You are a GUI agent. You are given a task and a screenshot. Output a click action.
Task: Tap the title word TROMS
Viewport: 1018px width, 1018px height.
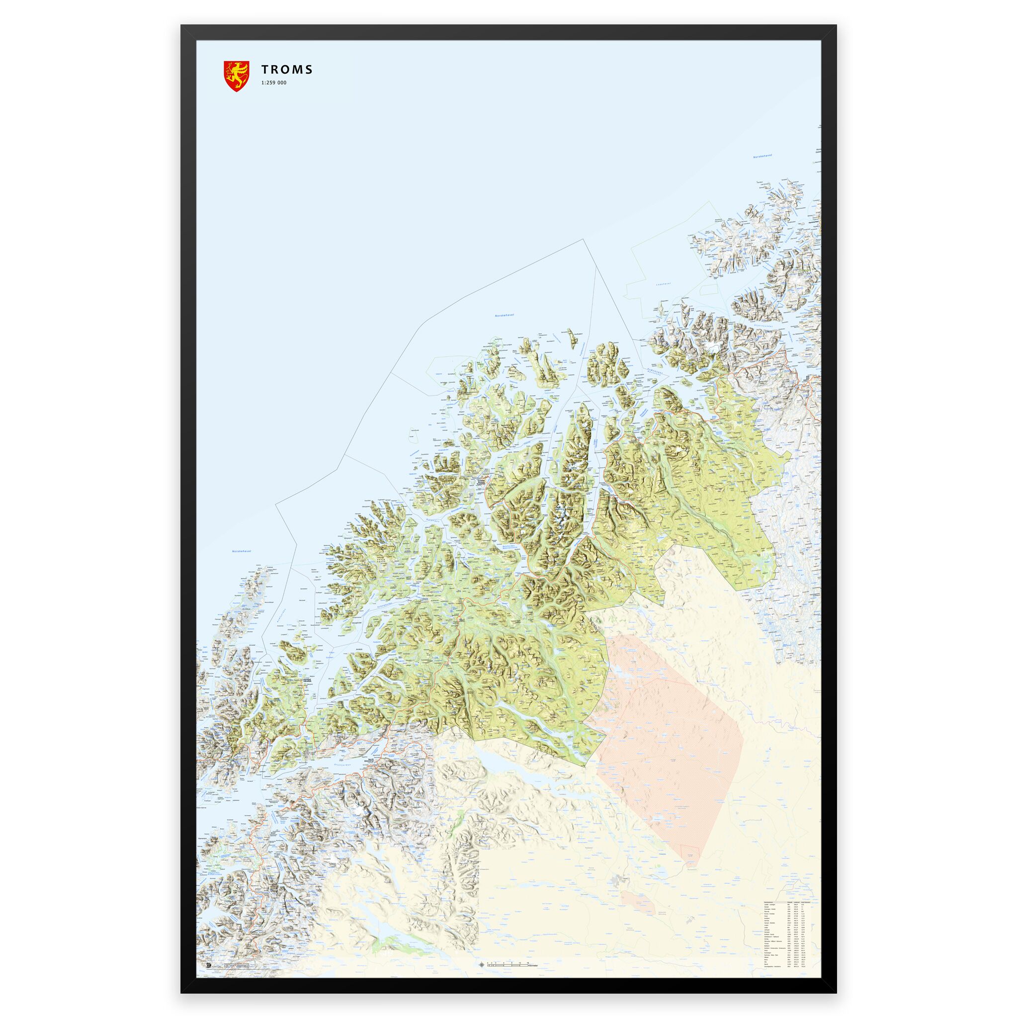(x=287, y=70)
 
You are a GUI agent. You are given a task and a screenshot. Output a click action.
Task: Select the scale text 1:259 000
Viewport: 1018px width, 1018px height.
(x=274, y=83)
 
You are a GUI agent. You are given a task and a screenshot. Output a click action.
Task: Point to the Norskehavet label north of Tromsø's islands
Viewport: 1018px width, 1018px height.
(x=504, y=315)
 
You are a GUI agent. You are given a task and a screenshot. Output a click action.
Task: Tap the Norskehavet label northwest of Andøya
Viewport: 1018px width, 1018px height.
(x=241, y=551)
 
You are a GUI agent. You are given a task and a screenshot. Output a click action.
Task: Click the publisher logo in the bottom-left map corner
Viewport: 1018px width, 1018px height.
(x=209, y=936)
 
